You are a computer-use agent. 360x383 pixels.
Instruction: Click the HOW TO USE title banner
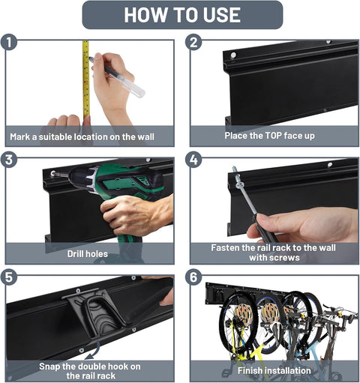(x=182, y=15)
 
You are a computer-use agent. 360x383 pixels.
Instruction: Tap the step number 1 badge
(x=9, y=42)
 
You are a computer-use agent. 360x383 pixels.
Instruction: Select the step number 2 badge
(x=193, y=42)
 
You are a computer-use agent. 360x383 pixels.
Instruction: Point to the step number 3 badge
(x=9, y=160)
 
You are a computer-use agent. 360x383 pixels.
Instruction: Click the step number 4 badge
(x=193, y=160)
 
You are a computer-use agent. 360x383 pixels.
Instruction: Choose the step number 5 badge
(x=9, y=277)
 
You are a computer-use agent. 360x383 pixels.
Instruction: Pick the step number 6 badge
(x=193, y=277)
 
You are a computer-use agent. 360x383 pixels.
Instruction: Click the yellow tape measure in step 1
(x=86, y=80)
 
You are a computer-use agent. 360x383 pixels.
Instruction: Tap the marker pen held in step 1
(x=117, y=76)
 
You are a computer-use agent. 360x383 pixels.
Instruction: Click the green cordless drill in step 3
(x=118, y=190)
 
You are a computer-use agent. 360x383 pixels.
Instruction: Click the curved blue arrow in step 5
(x=93, y=351)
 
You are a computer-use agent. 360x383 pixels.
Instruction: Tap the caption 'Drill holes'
(x=88, y=254)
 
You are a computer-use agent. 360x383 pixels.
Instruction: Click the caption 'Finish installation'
(x=274, y=370)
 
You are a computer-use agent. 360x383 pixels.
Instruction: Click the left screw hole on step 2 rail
(x=233, y=55)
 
